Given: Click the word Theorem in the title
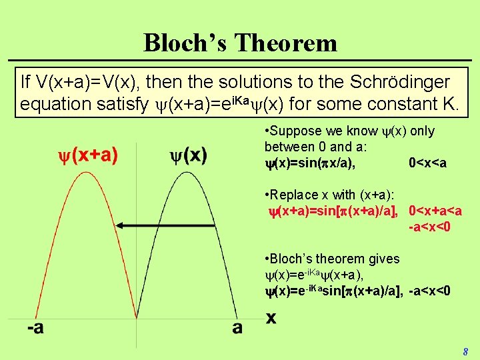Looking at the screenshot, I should tap(286, 43).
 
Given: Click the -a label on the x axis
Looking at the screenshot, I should tap(35, 328).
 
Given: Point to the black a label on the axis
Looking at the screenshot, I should tap(237, 328).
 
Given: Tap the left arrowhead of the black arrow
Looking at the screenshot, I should tap(119, 227).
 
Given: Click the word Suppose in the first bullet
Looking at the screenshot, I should tap(297, 131).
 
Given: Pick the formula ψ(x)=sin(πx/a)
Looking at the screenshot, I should tap(309, 163).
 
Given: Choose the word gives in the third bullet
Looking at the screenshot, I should tap(383, 259).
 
